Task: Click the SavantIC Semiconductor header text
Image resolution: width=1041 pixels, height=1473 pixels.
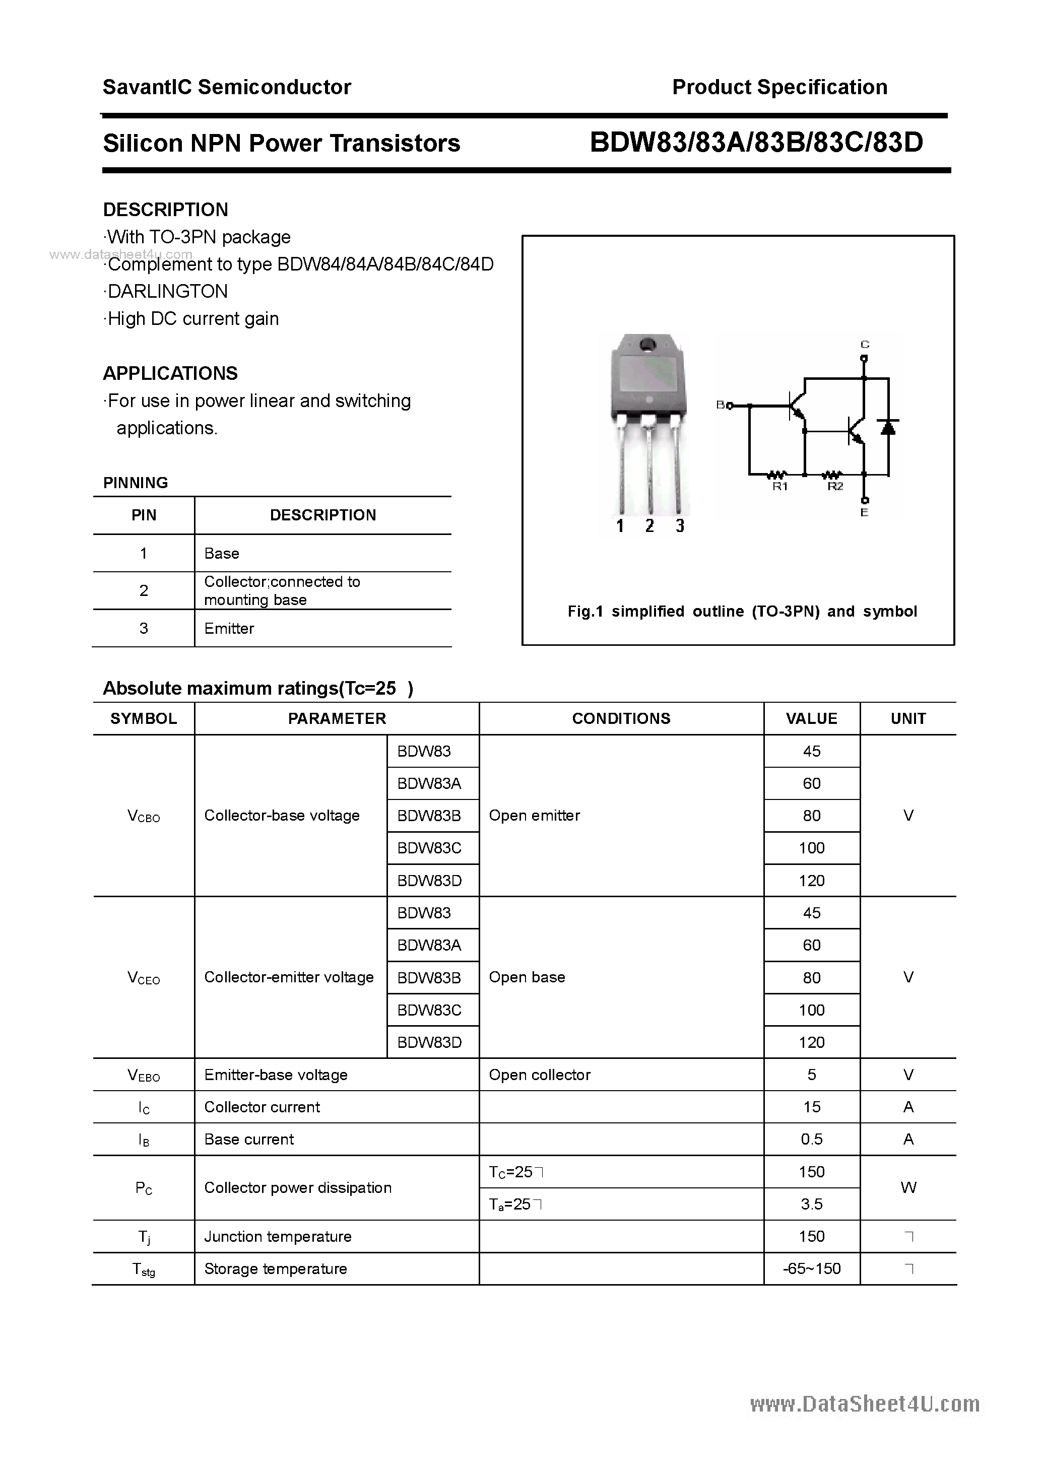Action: click(227, 87)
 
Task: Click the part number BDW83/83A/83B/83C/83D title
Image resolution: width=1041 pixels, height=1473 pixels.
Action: click(756, 143)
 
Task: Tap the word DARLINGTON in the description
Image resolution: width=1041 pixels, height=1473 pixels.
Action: click(167, 291)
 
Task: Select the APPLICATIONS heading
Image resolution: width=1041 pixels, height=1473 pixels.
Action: click(170, 373)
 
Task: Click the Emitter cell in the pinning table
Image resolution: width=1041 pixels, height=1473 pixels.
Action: click(229, 629)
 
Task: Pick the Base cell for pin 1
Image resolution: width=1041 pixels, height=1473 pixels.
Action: click(221, 554)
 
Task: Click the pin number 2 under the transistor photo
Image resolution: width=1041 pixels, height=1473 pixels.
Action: click(649, 526)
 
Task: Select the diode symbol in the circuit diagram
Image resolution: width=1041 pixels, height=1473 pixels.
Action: click(888, 427)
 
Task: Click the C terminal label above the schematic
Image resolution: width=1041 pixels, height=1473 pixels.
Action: click(865, 345)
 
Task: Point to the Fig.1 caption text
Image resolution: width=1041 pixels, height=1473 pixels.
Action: click(742, 612)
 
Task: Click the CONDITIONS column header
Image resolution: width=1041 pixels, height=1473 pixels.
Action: click(621, 718)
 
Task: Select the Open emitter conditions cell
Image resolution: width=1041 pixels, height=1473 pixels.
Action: click(534, 816)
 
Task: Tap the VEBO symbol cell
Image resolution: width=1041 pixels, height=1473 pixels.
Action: click(144, 1075)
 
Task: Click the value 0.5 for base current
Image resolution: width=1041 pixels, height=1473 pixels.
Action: click(811, 1140)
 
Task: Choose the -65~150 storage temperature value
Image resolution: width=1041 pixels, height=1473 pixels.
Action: click(811, 1269)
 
